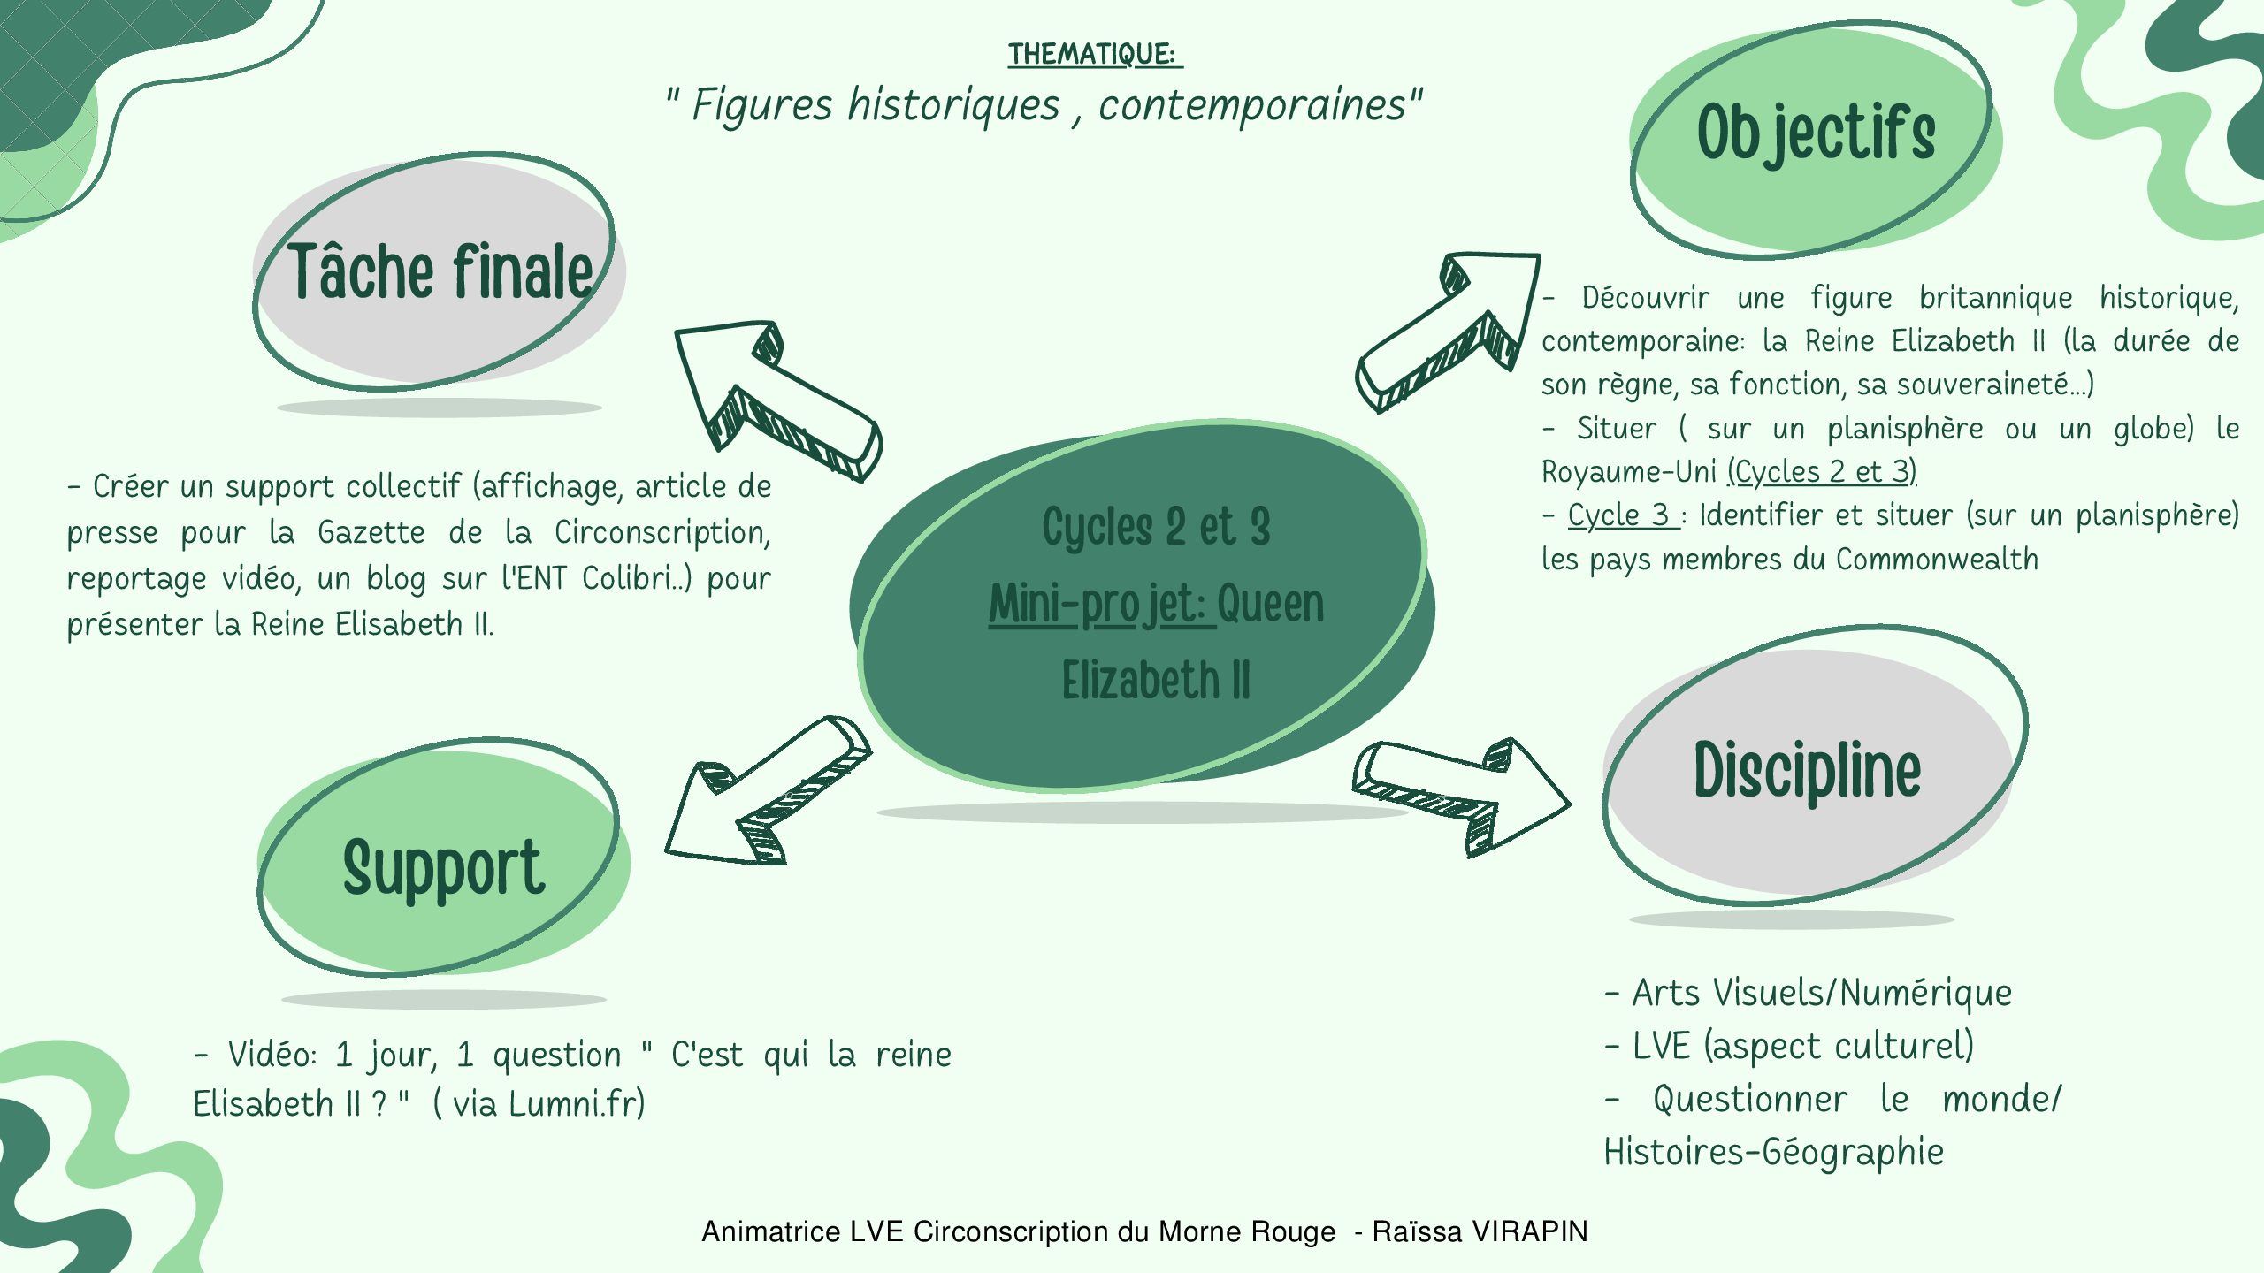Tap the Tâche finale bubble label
tap(440, 271)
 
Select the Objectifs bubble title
tap(1817, 133)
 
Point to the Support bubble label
tap(443, 868)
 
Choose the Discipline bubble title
tap(1808, 771)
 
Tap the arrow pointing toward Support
tap(768, 789)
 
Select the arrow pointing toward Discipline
tap(1461, 797)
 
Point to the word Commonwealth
tap(1937, 560)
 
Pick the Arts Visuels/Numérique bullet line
tap(1809, 993)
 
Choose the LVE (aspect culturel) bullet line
tap(1789, 1047)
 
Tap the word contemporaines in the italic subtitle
tap(1251, 106)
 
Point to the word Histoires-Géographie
tap(1774, 1152)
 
